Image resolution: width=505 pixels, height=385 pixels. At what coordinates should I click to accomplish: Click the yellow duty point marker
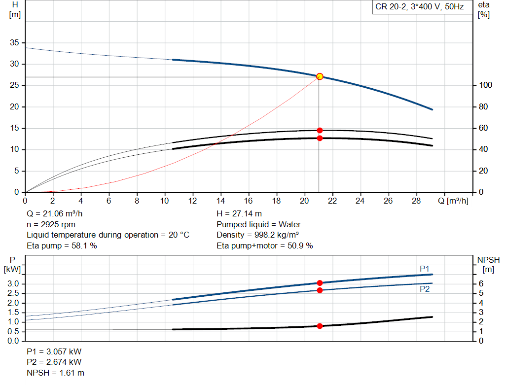[x=320, y=76]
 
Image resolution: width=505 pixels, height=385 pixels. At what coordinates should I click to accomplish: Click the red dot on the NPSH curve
[x=320, y=326]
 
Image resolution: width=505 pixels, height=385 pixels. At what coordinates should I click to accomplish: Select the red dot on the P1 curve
[x=320, y=283]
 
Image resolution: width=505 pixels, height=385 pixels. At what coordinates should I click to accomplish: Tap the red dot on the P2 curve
[x=320, y=290]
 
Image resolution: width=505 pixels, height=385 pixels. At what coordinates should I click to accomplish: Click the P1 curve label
[x=425, y=269]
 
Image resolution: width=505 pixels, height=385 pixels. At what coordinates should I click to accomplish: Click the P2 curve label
[x=425, y=289]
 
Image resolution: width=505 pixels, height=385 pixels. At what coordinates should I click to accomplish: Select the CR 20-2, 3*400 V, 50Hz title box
[x=422, y=7]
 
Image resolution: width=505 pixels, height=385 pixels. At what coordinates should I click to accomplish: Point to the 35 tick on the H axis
[x=14, y=42]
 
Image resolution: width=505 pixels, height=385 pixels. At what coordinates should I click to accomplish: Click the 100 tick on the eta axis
[x=486, y=85]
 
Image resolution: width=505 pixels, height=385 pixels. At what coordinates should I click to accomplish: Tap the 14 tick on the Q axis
[x=220, y=201]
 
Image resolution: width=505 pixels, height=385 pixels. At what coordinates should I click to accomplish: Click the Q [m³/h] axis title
[x=453, y=201]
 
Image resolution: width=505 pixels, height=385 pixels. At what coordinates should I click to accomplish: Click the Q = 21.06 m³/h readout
[x=54, y=214]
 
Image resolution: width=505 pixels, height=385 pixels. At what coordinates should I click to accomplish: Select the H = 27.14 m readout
[x=239, y=214]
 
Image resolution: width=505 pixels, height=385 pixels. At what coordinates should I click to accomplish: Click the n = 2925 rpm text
[x=51, y=224]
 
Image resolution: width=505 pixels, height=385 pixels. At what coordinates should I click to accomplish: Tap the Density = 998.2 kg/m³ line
[x=257, y=235]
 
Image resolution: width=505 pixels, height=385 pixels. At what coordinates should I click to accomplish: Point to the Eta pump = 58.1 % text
[x=62, y=246]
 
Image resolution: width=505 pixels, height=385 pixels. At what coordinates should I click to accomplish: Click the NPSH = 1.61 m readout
[x=55, y=373]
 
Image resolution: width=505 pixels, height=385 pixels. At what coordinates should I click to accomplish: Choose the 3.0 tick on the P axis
[x=13, y=283]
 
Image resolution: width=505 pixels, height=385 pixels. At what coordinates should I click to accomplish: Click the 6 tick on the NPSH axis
[x=481, y=283]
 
